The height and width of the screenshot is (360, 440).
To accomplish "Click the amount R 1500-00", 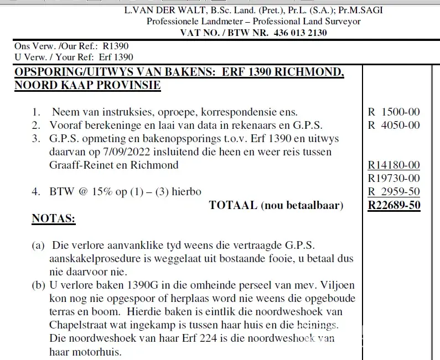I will [394, 112].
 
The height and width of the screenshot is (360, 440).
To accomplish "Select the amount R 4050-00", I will [394, 125].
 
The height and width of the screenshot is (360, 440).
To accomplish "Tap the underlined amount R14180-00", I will [394, 165].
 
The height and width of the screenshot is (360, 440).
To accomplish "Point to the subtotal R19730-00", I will [394, 178].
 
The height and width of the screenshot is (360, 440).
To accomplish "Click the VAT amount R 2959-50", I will [394, 192].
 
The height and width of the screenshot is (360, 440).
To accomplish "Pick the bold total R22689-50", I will [394, 206].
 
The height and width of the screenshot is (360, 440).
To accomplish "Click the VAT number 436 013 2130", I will [294, 33].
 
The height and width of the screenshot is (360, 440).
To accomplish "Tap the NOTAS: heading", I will [54, 219].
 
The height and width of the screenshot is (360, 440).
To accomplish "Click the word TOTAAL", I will [233, 206].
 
